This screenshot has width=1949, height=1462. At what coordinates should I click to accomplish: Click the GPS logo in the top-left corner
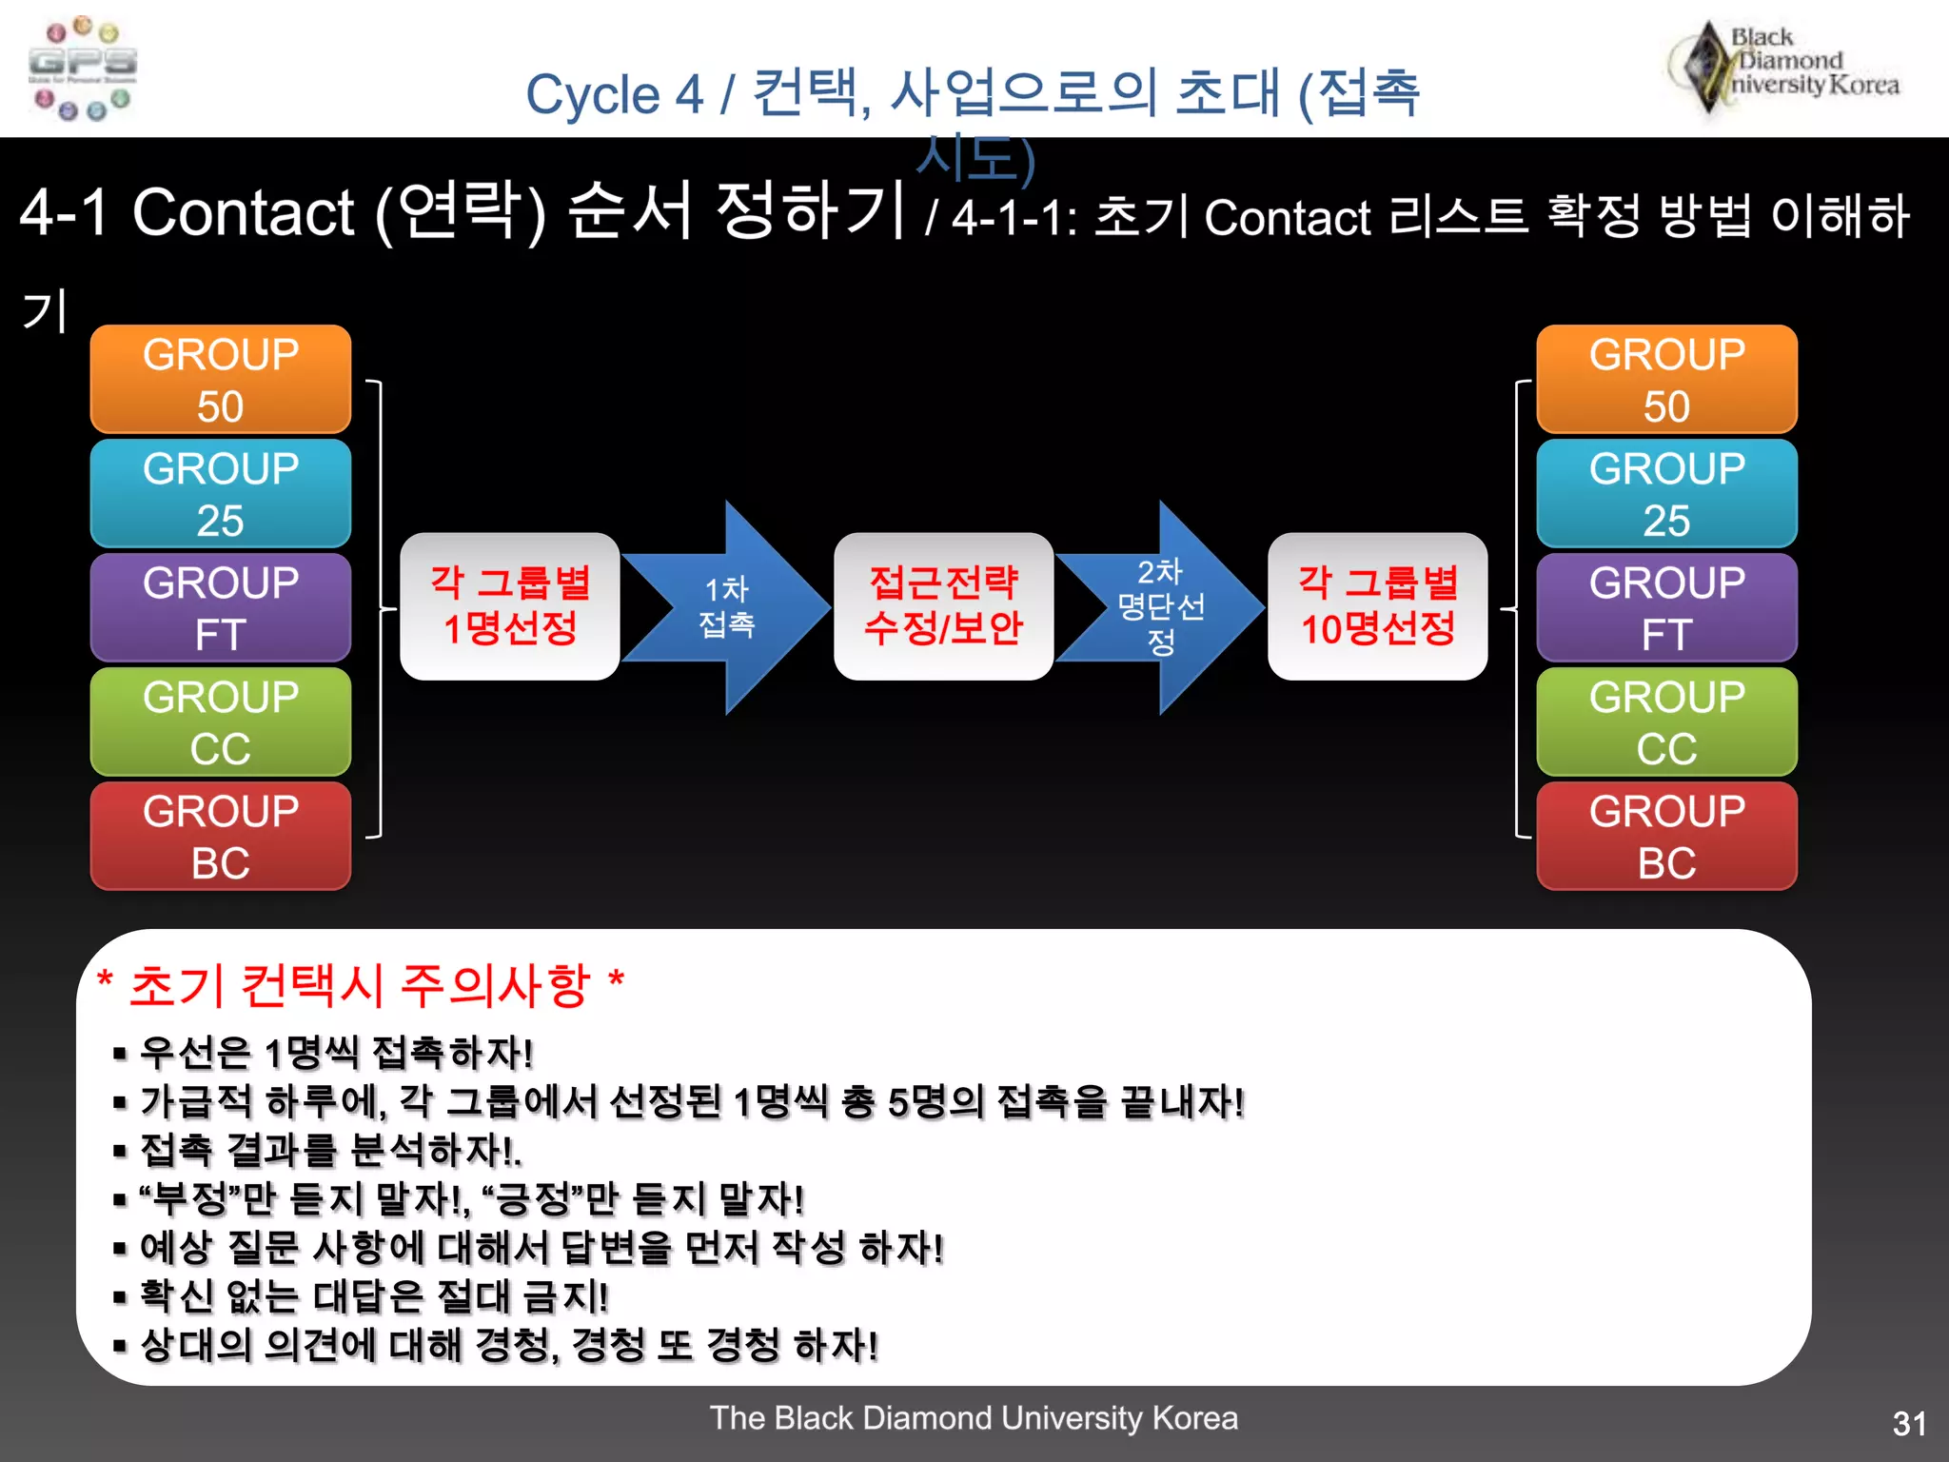pos(83,69)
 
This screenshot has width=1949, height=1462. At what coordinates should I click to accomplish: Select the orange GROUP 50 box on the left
pos(221,379)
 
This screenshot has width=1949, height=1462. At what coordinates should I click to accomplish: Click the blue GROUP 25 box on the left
pos(221,493)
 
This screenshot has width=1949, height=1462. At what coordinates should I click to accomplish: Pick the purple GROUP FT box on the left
pos(221,607)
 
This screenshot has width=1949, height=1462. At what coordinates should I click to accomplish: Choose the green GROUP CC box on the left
pos(221,721)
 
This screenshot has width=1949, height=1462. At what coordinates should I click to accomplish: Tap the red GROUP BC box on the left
pos(221,836)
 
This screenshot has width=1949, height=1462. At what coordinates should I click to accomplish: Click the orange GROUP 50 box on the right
pos(1666,379)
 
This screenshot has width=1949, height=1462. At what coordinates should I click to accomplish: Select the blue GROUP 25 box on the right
pos(1666,493)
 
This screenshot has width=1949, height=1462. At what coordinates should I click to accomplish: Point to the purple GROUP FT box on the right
pos(1666,607)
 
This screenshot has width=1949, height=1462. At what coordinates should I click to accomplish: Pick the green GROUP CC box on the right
pos(1666,721)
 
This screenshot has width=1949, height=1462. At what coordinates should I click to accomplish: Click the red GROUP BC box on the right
pos(1666,836)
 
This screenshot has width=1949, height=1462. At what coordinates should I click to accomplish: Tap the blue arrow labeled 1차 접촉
pos(728,607)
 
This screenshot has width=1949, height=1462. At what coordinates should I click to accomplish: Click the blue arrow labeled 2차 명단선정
pos(1161,607)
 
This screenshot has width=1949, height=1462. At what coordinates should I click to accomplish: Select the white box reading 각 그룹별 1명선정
pos(510,606)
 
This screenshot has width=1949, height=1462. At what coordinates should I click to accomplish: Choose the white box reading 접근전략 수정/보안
pos(943,606)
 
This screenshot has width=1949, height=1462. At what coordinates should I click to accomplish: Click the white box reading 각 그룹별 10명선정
pos(1377,606)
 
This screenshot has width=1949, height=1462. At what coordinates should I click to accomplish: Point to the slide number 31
pos(1909,1423)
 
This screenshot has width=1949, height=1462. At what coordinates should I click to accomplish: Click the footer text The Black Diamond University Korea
pos(974,1417)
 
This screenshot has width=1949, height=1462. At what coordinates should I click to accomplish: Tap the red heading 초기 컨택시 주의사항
pos(362,984)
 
